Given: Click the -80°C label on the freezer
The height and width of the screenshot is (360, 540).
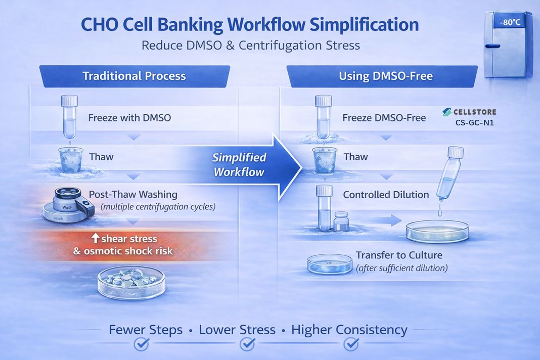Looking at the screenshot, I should (508, 23).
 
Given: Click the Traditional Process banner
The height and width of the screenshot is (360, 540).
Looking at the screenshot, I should (134, 76).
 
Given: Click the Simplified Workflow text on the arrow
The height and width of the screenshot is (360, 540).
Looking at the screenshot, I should (239, 164).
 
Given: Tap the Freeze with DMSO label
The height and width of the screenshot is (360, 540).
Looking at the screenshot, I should (129, 118).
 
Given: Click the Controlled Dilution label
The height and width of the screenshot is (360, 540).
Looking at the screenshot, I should (386, 195).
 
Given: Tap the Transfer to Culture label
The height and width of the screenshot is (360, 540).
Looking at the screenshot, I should (399, 255).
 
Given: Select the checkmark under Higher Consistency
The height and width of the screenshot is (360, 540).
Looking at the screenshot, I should (351, 344).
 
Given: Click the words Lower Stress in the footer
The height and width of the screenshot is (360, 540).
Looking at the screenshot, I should (237, 330).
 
